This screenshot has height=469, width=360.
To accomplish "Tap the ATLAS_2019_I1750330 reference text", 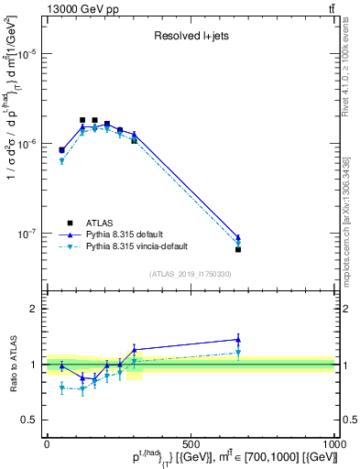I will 190,274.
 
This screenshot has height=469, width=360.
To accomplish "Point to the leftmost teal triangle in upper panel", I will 61,161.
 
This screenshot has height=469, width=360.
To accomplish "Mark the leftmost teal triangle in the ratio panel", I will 61,387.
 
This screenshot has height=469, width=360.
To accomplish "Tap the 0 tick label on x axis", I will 47,444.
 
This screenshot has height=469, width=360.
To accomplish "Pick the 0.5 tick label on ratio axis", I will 30,420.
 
